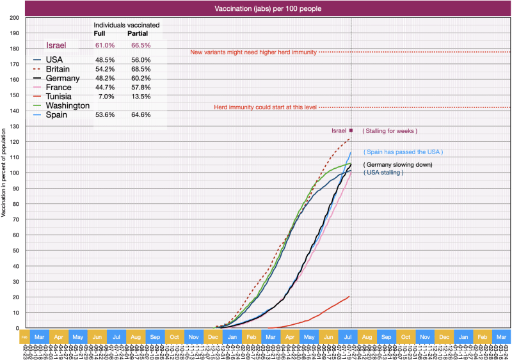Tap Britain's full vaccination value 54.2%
coord(105,68)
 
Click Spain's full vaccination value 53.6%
coord(105,115)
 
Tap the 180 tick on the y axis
coord(14,49)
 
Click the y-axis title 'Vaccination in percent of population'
coord(4,173)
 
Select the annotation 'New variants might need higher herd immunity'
coord(253,52)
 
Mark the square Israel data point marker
coord(351,130)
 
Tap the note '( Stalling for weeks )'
coord(390,131)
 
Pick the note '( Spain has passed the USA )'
coord(403,152)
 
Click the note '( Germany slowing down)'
coord(398,165)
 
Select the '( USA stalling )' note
coord(383,173)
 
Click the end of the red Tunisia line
coord(349,296)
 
